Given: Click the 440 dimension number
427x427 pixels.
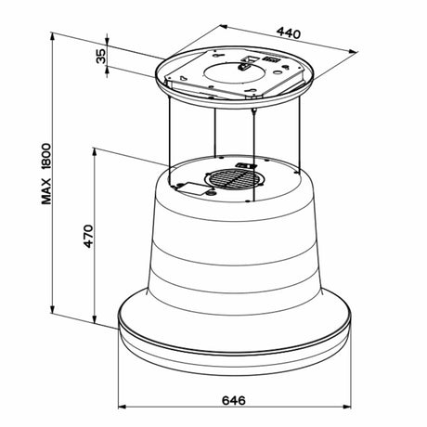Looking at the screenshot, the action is [289, 33].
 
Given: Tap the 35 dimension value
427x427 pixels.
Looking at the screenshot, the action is [101, 56].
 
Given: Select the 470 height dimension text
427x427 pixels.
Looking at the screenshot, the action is [88, 236].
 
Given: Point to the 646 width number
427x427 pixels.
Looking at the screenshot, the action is [234, 400].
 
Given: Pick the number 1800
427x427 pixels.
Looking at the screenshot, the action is [46, 156].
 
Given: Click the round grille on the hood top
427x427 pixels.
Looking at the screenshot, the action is [232, 179].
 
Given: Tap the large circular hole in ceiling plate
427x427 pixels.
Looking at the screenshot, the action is [234, 73].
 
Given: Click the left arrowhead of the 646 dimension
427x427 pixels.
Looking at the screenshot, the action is [123, 407].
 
